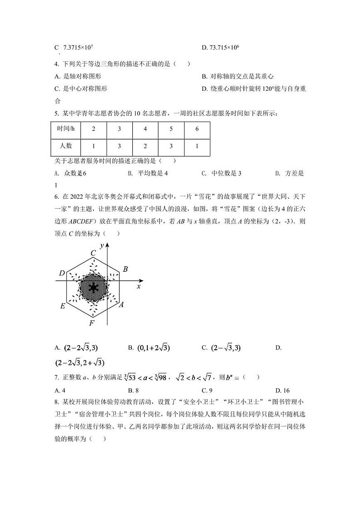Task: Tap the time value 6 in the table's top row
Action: [197, 129]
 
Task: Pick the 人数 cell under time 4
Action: [145, 146]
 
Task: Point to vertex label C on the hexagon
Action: [93, 253]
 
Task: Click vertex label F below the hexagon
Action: [92, 323]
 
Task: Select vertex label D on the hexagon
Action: [62, 273]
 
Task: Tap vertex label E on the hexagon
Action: [63, 306]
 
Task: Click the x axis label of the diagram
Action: [138, 287]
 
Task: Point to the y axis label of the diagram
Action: [102, 245]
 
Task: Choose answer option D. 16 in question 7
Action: [282, 390]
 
